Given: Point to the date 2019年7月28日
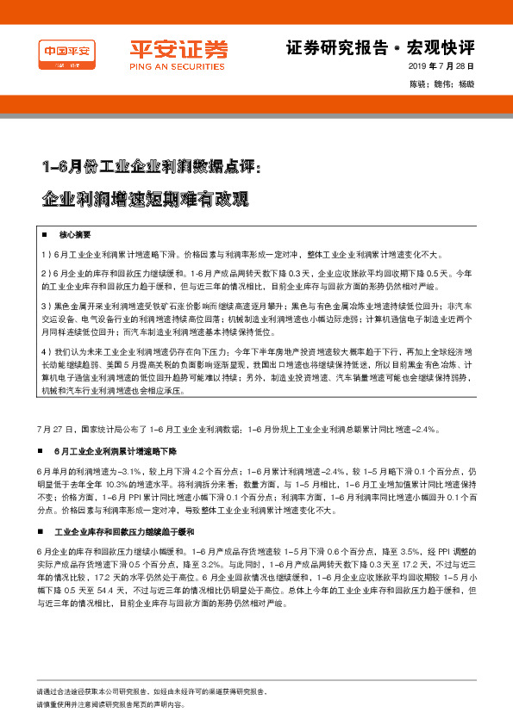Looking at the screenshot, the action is (x=441, y=66).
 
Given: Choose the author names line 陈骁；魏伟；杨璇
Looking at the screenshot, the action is (x=442, y=84).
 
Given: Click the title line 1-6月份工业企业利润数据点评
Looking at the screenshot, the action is (x=157, y=165).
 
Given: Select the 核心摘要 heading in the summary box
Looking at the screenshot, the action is (x=74, y=234).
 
